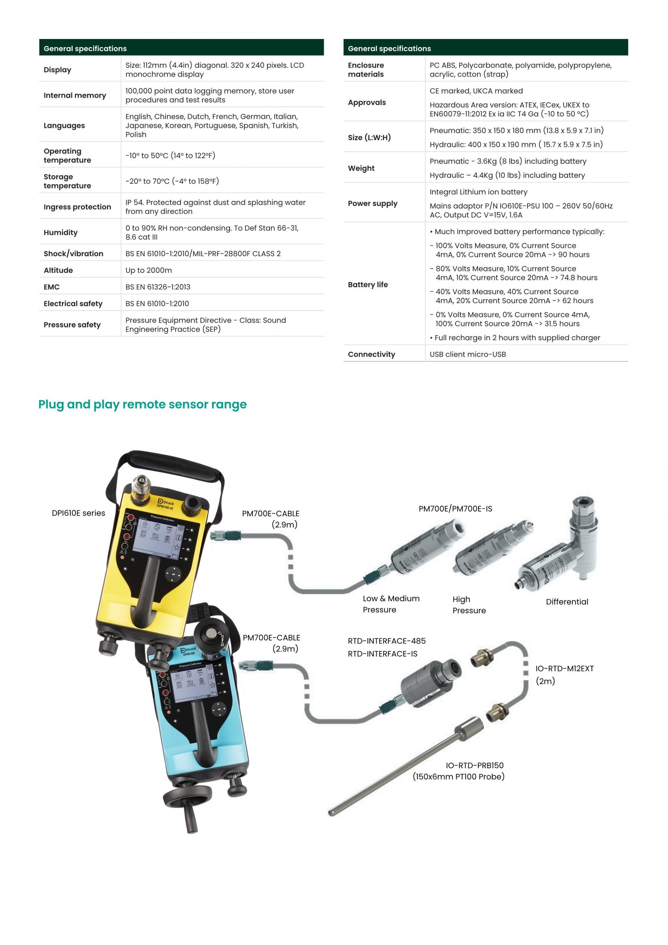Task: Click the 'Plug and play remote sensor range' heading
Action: point(142,404)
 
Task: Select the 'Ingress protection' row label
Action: point(77,207)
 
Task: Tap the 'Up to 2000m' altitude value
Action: point(149,270)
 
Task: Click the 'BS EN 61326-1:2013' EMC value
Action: point(158,287)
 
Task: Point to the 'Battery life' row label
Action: point(368,284)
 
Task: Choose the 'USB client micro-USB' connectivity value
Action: point(468,354)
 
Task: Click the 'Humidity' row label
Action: point(61,233)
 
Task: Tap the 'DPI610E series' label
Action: point(79,513)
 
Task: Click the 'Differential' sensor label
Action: point(567,602)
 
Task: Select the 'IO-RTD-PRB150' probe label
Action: point(475,765)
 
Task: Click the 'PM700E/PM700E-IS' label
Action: point(455,509)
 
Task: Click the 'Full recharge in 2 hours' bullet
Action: point(515,338)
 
